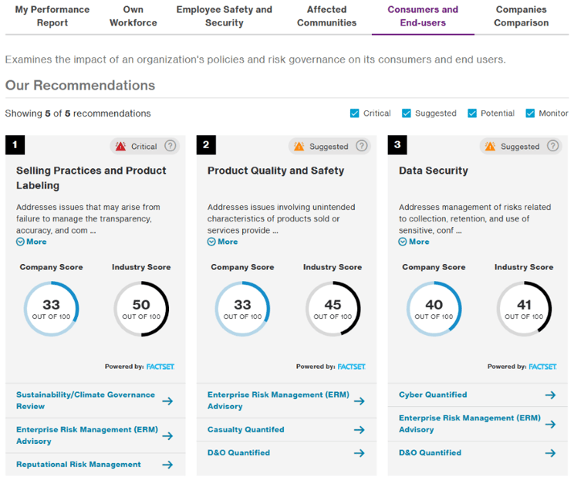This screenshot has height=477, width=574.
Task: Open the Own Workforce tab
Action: tap(133, 16)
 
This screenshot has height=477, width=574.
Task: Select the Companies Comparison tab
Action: tap(522, 16)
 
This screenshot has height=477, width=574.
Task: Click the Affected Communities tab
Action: tap(326, 16)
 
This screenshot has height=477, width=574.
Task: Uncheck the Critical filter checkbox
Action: tap(355, 113)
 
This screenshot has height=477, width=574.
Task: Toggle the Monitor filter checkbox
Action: tap(530, 113)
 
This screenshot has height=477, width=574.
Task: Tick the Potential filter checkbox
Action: tap(472, 113)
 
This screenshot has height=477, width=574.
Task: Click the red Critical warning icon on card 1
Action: tap(120, 146)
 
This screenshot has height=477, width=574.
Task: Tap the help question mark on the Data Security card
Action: tap(553, 146)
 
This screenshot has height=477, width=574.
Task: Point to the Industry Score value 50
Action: tap(141, 306)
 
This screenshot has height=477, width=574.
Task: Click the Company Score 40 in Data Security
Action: tap(434, 306)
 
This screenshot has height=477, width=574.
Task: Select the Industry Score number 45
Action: tap(333, 306)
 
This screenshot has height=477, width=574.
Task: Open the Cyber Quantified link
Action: tap(433, 394)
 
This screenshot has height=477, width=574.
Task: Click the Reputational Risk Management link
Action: tap(79, 465)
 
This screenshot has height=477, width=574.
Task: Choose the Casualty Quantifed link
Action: tap(245, 429)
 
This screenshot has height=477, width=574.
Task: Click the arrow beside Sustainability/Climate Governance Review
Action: tap(167, 401)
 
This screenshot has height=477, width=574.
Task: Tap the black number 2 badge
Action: tap(207, 145)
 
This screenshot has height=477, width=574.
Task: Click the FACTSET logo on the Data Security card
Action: tap(542, 367)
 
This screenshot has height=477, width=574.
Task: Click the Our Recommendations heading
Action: tap(80, 86)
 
